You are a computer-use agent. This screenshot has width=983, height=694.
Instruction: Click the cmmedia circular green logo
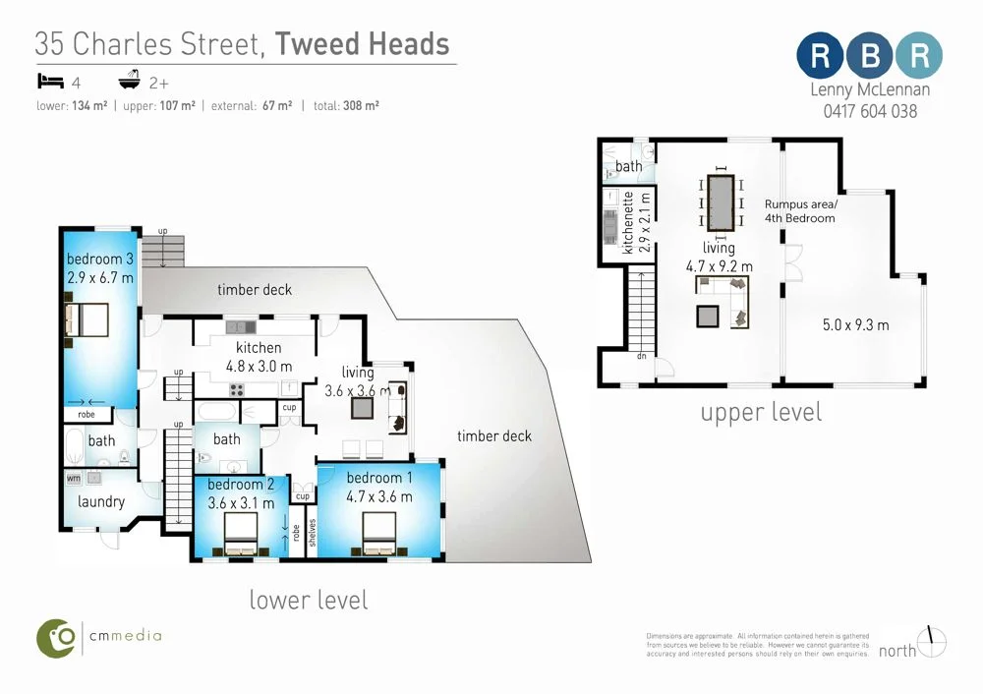tap(57, 638)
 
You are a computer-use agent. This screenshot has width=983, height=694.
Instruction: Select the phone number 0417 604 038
tap(870, 111)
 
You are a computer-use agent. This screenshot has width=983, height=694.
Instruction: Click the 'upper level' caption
tap(761, 412)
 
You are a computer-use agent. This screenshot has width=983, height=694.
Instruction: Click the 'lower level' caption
tap(309, 600)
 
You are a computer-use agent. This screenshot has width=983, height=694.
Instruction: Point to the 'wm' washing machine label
tap(74, 478)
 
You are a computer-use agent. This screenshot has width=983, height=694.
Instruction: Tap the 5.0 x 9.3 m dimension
tap(855, 325)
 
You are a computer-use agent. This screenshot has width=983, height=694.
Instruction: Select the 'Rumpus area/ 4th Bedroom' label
tap(800, 210)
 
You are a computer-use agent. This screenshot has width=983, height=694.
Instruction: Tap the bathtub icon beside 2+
tap(129, 81)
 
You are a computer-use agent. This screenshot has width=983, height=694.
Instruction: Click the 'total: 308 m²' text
tap(346, 105)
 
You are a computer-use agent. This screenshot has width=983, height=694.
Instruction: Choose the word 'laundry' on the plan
tap(101, 501)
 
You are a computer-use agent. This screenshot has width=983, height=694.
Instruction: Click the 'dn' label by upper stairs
tap(640, 357)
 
